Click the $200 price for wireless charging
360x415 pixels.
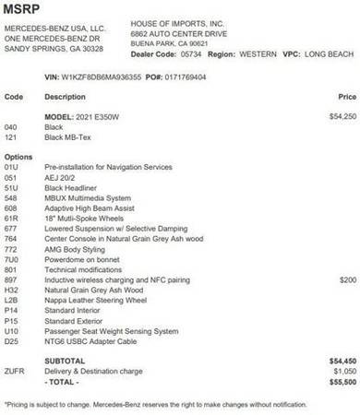click(347, 279)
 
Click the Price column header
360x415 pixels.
click(347, 96)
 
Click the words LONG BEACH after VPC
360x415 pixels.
click(332, 53)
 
